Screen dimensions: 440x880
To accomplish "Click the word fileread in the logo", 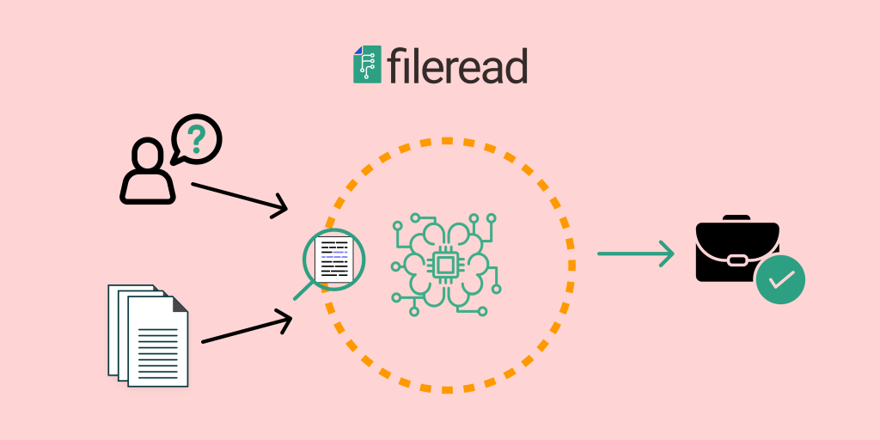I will pos(456,66).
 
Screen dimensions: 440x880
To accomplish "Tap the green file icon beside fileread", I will pos(367,64).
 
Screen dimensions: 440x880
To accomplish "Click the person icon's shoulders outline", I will pos(148,190).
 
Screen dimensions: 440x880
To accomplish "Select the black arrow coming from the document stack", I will pos(247,330).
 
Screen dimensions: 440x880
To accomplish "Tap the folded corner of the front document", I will pos(180,303).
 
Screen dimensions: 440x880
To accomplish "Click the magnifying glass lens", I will pos(334,260).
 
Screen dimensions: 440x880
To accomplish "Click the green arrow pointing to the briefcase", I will pos(636,254).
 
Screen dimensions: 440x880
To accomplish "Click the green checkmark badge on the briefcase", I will pos(780,279).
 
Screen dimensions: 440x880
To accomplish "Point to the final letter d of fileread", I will pos(516,65).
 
